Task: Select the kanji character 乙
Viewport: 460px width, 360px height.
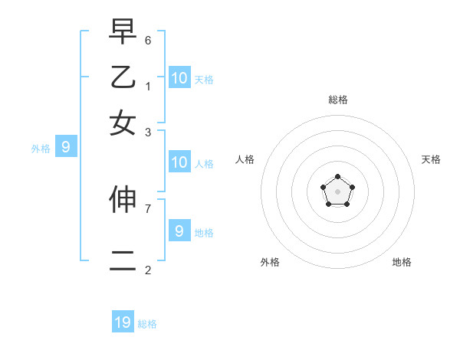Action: (x=123, y=77)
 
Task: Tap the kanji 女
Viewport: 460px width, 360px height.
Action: (x=123, y=123)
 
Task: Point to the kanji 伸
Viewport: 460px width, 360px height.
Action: (x=123, y=198)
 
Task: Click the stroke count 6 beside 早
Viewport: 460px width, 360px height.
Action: (x=148, y=39)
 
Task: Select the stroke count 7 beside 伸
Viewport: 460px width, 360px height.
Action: (x=148, y=207)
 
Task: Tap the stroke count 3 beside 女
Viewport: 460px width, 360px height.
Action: (x=148, y=132)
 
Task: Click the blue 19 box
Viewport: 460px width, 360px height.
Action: (x=123, y=322)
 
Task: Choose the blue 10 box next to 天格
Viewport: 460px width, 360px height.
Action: (x=179, y=77)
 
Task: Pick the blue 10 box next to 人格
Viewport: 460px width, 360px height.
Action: (x=179, y=162)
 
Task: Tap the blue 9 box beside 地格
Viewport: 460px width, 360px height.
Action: (x=179, y=231)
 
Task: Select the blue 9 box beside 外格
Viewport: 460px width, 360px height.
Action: (x=65, y=148)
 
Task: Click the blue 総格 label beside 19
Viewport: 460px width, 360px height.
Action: (x=147, y=324)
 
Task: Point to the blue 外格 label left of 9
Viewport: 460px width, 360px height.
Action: (x=41, y=149)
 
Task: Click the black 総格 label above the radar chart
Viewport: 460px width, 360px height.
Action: (x=337, y=100)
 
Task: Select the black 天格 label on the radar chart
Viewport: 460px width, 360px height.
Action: (x=431, y=159)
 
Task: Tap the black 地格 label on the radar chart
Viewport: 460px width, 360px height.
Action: (x=402, y=262)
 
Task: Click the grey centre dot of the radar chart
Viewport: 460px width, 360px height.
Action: (x=337, y=191)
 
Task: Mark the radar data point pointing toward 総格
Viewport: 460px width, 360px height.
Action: (x=337, y=177)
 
